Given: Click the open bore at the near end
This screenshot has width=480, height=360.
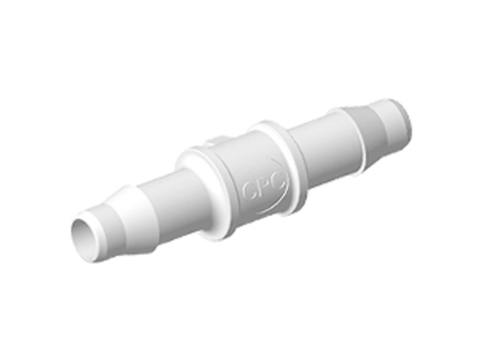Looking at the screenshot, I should (88, 238).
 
